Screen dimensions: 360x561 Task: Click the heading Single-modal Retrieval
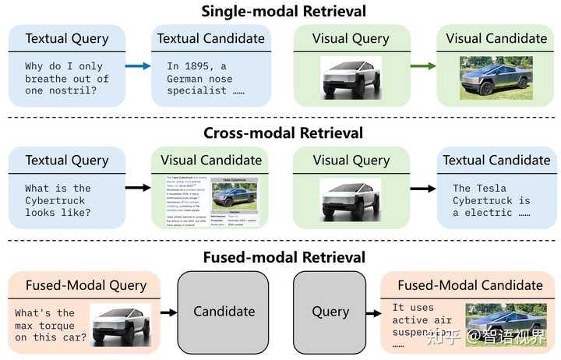point(284,11)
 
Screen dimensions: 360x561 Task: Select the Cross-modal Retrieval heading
point(284,133)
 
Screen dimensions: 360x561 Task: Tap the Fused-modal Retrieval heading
point(284,256)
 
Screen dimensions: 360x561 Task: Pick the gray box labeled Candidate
point(224,311)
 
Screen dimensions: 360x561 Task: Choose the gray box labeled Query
point(330,311)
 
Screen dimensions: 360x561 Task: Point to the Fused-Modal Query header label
point(86,285)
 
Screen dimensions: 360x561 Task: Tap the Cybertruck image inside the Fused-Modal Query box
point(120,322)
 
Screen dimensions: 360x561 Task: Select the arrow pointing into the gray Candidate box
point(167,312)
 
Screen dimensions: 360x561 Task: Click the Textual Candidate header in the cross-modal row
point(496,161)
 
